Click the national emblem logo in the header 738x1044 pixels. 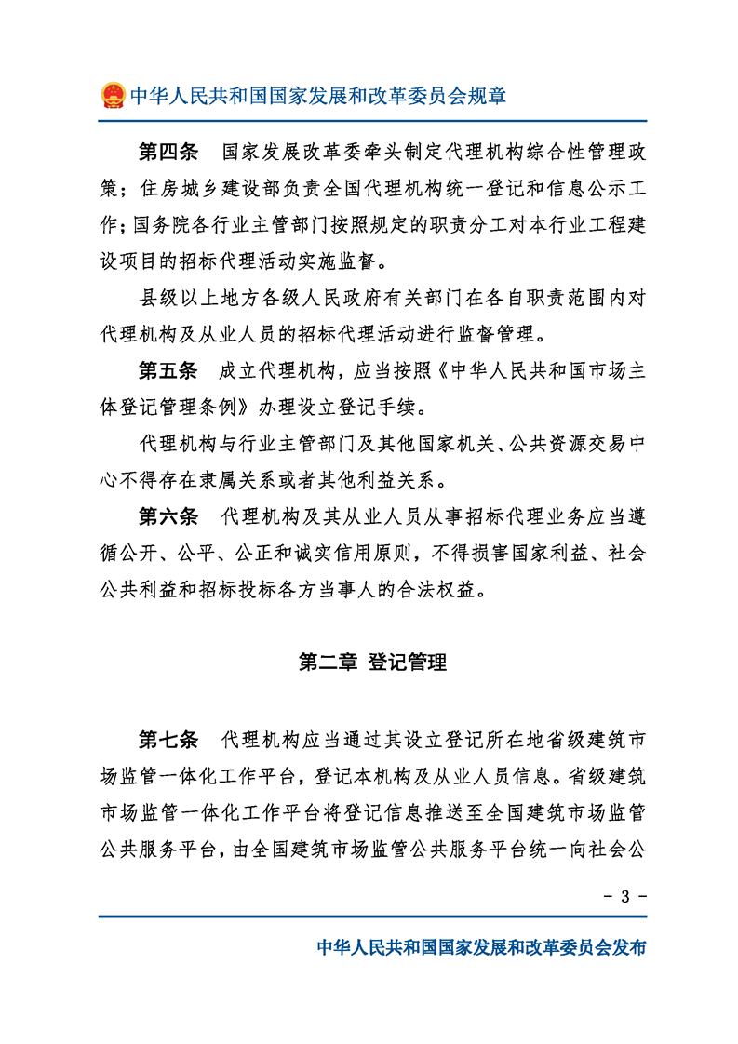point(113,95)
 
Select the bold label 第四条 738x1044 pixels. point(168,152)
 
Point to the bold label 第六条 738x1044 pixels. point(168,515)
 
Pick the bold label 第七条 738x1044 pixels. point(168,741)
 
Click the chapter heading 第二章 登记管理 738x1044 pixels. point(372,663)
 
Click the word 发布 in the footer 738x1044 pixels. point(625,948)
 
